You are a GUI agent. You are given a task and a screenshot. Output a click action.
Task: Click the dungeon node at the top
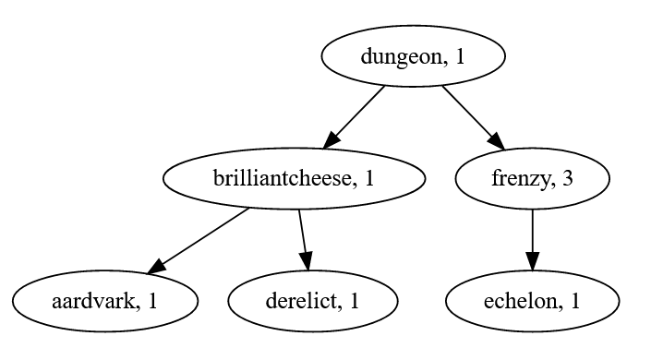click(x=413, y=57)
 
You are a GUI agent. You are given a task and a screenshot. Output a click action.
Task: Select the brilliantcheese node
click(x=294, y=179)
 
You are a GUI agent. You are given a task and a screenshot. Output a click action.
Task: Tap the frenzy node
click(x=532, y=179)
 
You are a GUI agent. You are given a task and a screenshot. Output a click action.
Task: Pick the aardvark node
click(x=105, y=301)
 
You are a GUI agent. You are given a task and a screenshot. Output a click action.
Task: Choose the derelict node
click(x=313, y=301)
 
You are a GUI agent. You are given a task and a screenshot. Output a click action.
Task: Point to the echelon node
click(x=532, y=301)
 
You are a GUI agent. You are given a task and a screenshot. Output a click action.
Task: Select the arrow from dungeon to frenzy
click(x=472, y=116)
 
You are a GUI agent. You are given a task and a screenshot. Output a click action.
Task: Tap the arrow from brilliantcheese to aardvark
click(x=200, y=239)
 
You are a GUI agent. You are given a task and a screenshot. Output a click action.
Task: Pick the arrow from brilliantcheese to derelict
click(x=303, y=238)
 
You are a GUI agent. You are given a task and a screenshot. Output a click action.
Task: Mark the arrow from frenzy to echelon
click(x=532, y=238)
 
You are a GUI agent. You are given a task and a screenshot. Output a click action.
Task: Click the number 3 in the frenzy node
click(x=567, y=179)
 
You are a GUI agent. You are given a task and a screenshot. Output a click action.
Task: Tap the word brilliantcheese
click(x=282, y=179)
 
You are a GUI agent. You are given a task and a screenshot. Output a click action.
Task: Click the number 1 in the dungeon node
click(x=459, y=57)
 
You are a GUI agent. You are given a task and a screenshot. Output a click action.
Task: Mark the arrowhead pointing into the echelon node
click(x=532, y=262)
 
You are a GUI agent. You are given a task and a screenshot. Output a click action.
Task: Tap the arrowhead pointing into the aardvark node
click(x=157, y=267)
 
